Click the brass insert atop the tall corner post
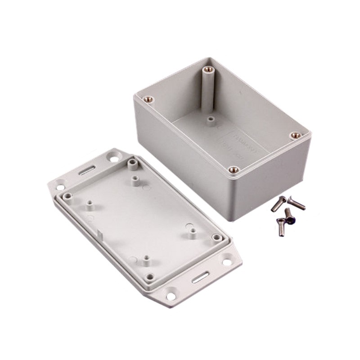[x=207, y=70]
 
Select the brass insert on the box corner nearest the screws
[x=295, y=135]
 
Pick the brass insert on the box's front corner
[x=233, y=170]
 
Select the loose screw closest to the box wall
[x=278, y=203]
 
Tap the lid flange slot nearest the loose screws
[x=199, y=278]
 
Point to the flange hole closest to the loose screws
[x=226, y=261]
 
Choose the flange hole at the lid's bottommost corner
[x=171, y=296]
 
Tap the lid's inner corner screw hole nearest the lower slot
[x=149, y=277]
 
